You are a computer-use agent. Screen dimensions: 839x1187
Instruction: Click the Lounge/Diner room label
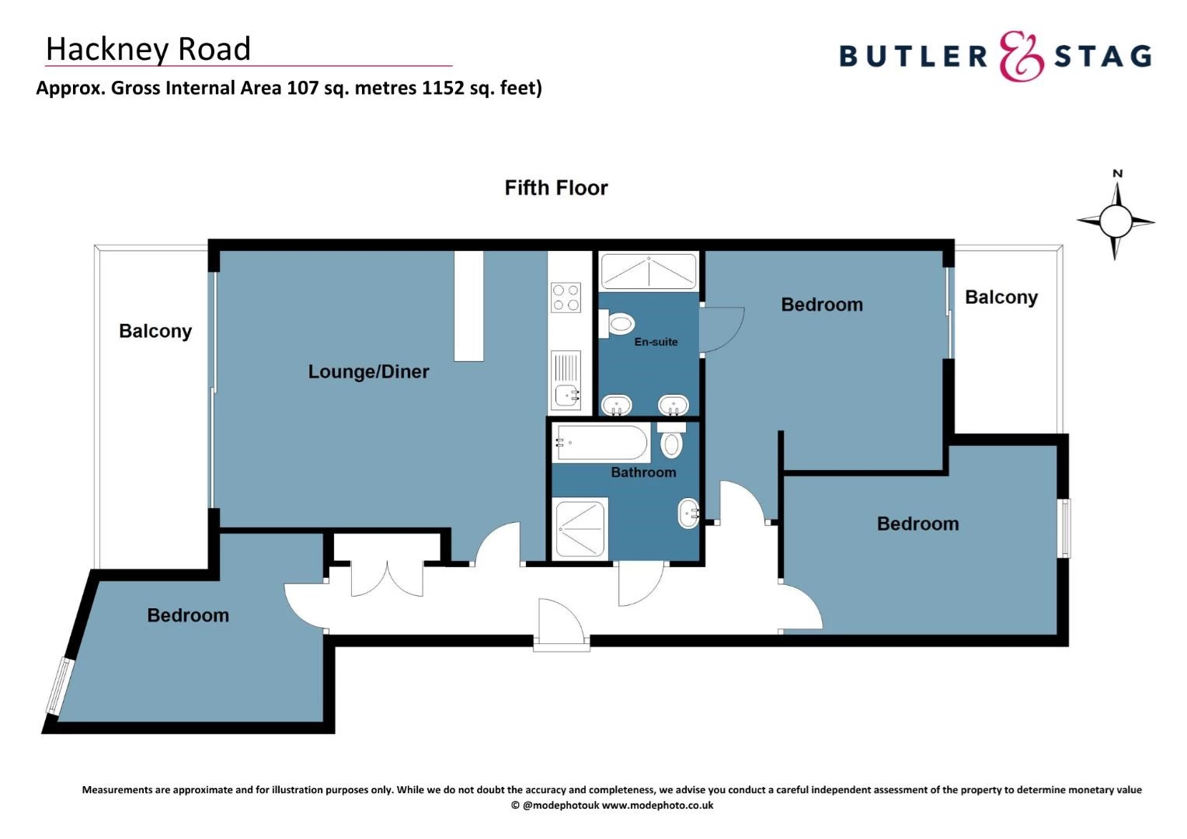[x=368, y=372]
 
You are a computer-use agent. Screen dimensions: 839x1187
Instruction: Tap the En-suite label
[x=656, y=342]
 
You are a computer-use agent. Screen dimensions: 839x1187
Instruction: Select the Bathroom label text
[x=643, y=472]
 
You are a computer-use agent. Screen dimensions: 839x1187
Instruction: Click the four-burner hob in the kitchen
[x=565, y=297]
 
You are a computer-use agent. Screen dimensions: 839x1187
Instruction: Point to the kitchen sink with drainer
[x=566, y=381]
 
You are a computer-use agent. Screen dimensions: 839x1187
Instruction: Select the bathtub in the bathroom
[x=600, y=443]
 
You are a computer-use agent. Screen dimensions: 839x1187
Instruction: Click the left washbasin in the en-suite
[x=617, y=405]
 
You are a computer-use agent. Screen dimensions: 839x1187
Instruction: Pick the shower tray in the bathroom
[x=580, y=528]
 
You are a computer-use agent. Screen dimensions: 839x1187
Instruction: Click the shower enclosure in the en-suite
[x=649, y=271]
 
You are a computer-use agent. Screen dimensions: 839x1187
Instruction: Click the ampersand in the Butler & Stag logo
[x=1020, y=56]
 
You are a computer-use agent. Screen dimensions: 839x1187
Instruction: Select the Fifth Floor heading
[x=556, y=188]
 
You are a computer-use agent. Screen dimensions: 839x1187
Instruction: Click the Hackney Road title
[x=148, y=49]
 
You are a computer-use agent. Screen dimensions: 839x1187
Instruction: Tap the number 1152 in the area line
[x=442, y=88]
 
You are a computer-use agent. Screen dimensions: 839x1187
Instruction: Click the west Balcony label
[x=155, y=331]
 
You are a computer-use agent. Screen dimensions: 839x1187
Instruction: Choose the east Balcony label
[x=1001, y=298]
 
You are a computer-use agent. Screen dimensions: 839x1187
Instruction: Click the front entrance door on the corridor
[x=561, y=621]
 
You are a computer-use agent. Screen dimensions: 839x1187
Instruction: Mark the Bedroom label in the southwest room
[x=188, y=615]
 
